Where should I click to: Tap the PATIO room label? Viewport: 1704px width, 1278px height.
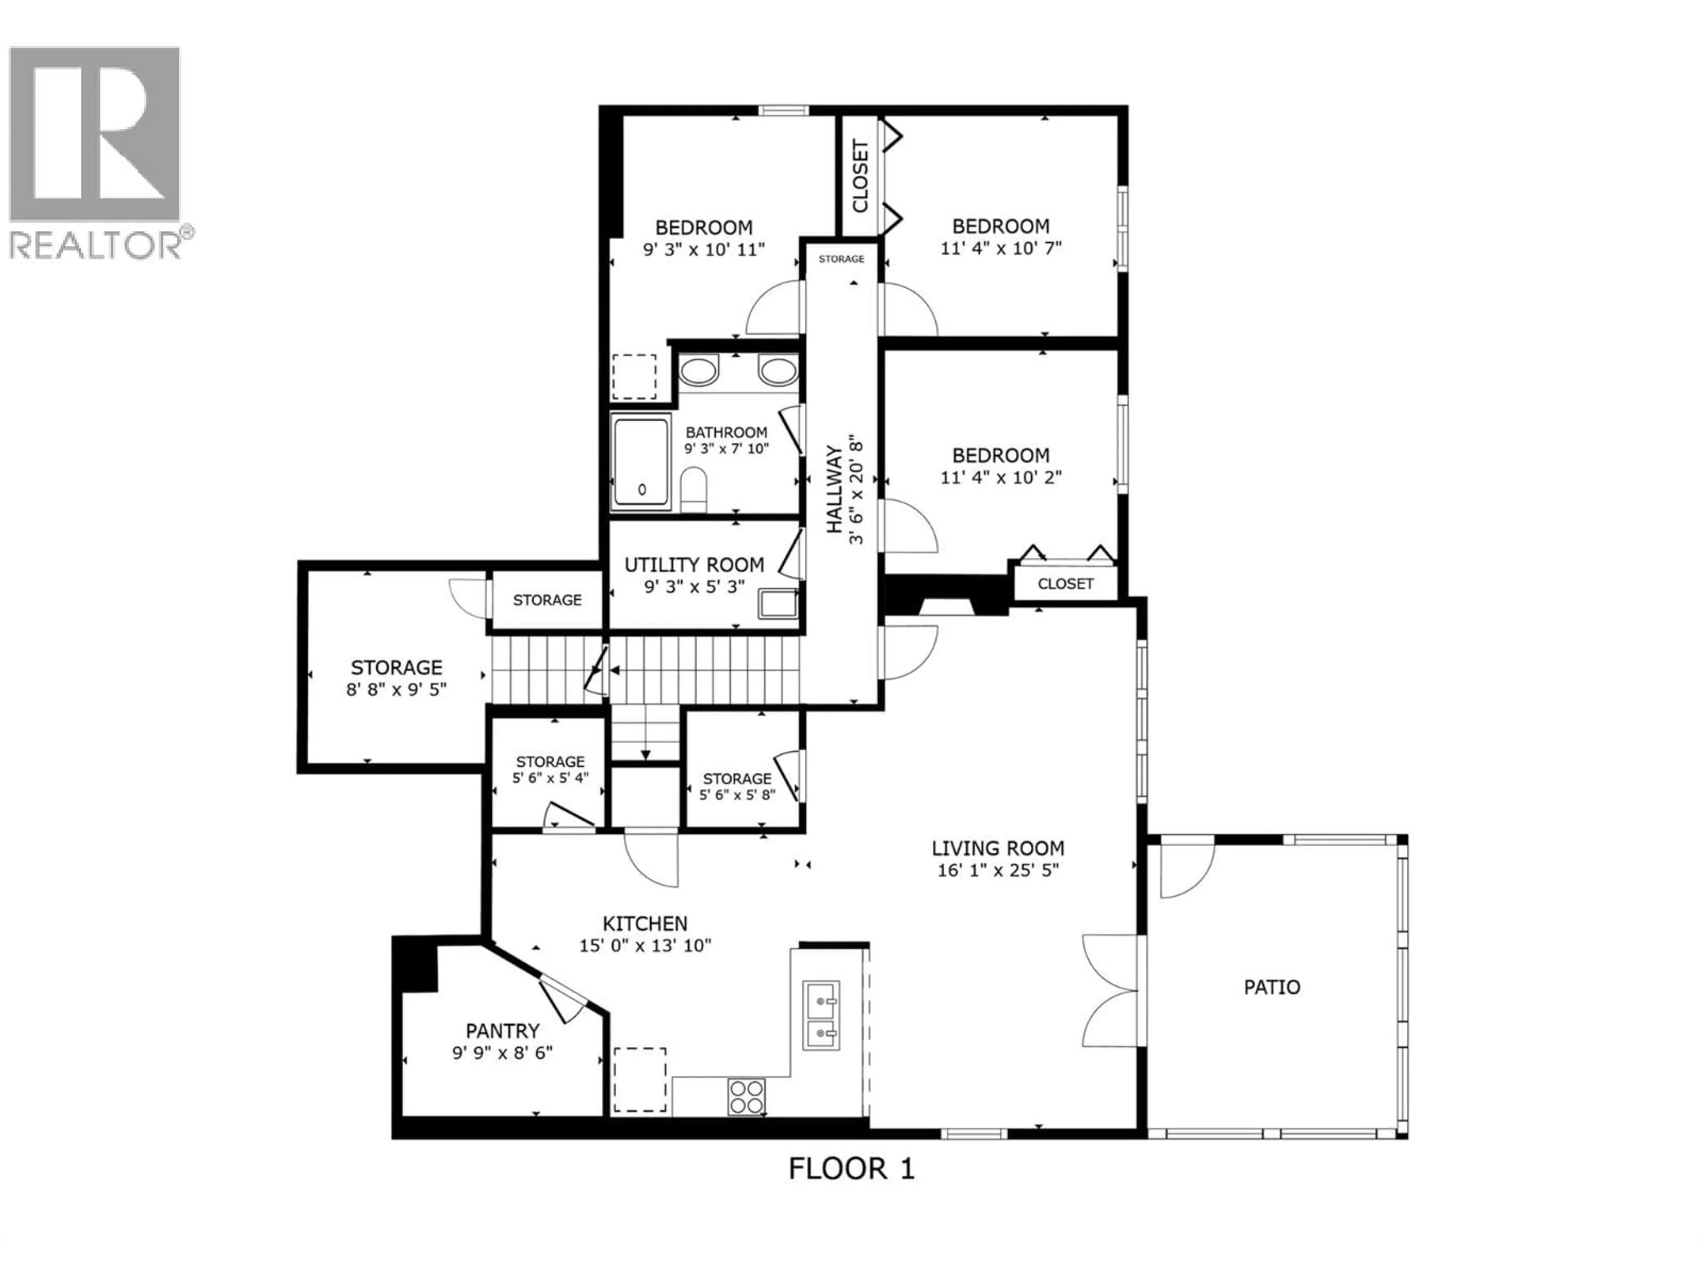tap(1272, 987)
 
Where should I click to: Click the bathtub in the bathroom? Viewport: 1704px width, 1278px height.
tap(641, 462)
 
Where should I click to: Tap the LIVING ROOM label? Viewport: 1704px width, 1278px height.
tap(998, 848)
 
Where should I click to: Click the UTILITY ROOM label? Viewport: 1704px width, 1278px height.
tap(694, 564)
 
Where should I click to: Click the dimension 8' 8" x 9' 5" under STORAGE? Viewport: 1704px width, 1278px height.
tap(397, 690)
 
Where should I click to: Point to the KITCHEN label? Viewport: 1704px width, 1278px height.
tap(645, 923)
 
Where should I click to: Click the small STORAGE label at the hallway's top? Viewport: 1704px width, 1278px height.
tap(841, 259)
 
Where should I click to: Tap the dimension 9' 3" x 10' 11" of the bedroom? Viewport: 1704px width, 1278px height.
tap(703, 249)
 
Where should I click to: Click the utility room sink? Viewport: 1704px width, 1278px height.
tap(778, 604)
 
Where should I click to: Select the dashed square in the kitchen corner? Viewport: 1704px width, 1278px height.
tap(639, 1079)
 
